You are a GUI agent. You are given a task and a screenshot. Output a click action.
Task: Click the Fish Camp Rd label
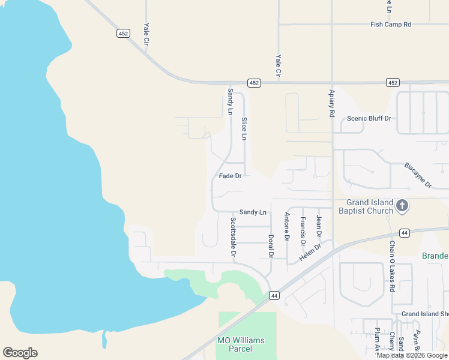tap(391, 25)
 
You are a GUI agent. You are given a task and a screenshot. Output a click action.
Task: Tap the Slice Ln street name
tap(244, 129)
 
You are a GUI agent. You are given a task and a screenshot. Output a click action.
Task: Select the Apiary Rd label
tap(331, 103)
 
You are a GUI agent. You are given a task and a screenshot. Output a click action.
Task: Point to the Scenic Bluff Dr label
tap(369, 119)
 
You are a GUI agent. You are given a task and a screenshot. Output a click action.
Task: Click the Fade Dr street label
tap(230, 176)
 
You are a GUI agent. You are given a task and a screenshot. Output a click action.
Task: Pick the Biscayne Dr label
tap(418, 175)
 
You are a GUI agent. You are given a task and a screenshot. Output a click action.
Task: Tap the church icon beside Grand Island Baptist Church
tap(402, 206)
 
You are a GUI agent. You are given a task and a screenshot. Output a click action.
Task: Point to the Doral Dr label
tap(271, 246)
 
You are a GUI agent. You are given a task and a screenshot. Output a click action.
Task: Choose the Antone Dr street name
tap(287, 226)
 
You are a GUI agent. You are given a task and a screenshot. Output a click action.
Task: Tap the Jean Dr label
tap(319, 226)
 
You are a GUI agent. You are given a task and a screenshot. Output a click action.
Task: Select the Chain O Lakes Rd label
tap(391, 258)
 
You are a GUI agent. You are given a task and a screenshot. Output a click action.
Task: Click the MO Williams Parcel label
tap(240, 344)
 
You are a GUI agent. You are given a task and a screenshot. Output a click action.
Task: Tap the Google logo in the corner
tap(20, 353)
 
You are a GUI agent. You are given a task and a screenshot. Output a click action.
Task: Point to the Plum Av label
tap(377, 339)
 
